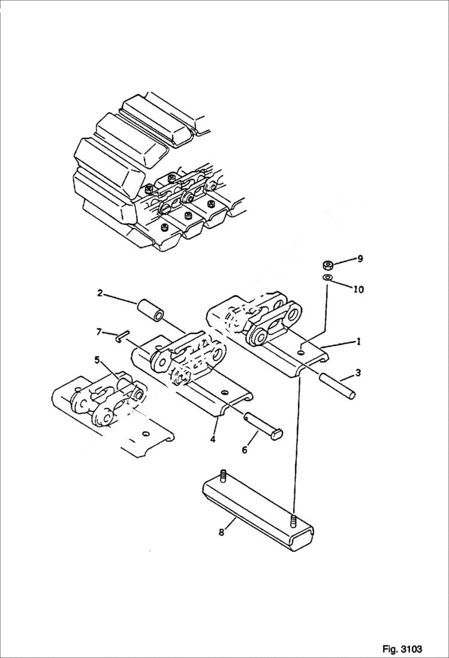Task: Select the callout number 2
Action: tap(100, 293)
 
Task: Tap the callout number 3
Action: tap(358, 373)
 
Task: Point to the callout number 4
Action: tap(213, 439)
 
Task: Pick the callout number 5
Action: tap(97, 360)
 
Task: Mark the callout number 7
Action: tap(99, 332)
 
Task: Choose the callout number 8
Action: tap(221, 531)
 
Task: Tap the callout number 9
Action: tap(360, 259)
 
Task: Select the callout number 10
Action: tap(358, 289)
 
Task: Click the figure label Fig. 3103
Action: tap(402, 649)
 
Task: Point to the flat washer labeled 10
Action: tap(327, 278)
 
